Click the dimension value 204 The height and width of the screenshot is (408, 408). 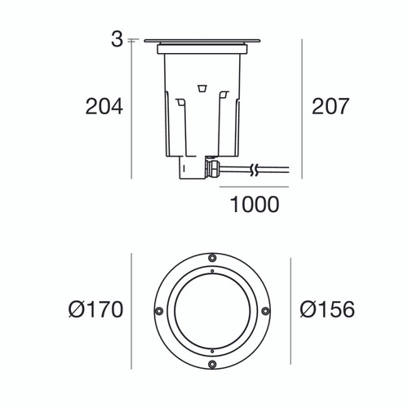(104, 107)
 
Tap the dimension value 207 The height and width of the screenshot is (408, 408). (330, 107)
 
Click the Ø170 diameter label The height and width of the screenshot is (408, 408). (95, 310)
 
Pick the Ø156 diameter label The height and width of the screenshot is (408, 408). (326, 310)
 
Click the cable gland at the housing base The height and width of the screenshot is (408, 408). (214, 169)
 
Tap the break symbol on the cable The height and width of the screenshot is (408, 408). (255, 171)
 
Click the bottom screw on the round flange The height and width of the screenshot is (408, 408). (211, 364)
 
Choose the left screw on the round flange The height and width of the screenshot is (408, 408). (157, 311)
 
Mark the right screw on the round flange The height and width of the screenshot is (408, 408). (265, 311)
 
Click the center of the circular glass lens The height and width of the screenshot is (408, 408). (211, 311)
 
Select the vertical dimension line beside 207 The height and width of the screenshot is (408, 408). (302, 107)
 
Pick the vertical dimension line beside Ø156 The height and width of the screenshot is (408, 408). (291, 311)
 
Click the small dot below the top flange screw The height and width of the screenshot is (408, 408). (211, 268)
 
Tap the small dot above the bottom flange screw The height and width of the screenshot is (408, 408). (211, 353)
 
